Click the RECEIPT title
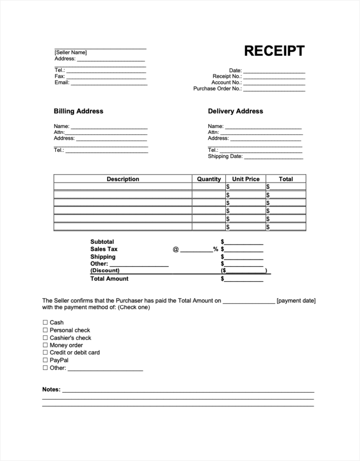coord(274,51)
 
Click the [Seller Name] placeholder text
coord(71,53)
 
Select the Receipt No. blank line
coord(274,77)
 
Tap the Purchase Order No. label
coord(217,89)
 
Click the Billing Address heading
coord(78,111)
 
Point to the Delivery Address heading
coord(235,111)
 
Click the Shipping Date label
coord(225,157)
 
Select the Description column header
coord(123,179)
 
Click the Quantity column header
coord(209,179)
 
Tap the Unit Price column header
coord(246,179)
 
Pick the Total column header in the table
coord(285,179)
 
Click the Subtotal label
coord(102,242)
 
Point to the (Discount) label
coord(105,271)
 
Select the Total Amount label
coord(109,279)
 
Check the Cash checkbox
coord(45,323)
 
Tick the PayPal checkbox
coord(45,360)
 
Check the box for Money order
coord(45,345)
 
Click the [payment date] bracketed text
coord(296,301)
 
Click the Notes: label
coord(52,390)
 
